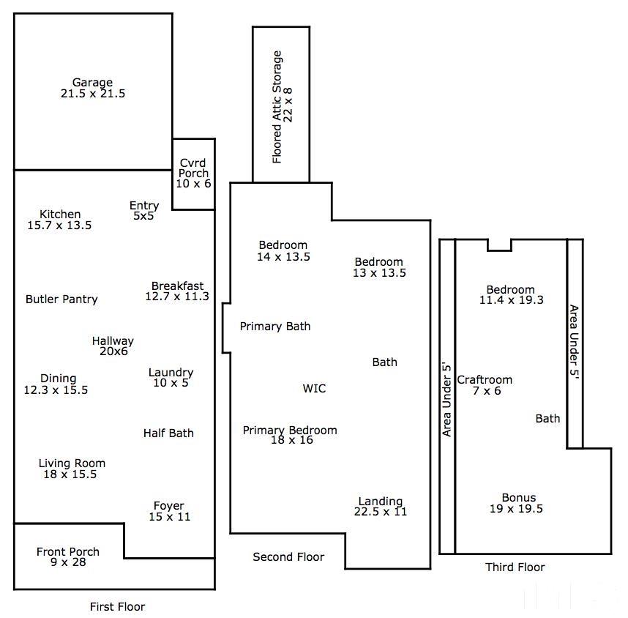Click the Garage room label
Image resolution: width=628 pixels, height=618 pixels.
pyautogui.click(x=92, y=83)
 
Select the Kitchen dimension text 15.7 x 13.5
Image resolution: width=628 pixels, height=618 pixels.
pyautogui.click(x=59, y=226)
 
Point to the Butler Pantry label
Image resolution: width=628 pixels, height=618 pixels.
pyautogui.click(x=61, y=299)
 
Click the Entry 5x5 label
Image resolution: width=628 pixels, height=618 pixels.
pyautogui.click(x=143, y=211)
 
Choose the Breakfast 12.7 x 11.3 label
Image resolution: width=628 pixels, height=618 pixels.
pyautogui.click(x=177, y=291)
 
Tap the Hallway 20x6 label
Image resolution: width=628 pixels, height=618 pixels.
pyautogui.click(x=113, y=346)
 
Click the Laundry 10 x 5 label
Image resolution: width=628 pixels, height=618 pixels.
pyautogui.click(x=171, y=378)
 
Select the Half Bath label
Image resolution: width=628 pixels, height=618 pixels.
pyautogui.click(x=168, y=433)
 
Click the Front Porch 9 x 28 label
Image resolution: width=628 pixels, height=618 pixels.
pyautogui.click(x=68, y=557)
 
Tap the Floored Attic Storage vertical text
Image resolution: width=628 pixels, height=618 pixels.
pyautogui.click(x=282, y=107)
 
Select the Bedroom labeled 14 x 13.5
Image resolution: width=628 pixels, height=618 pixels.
pyautogui.click(x=283, y=250)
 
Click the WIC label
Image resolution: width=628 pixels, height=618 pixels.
pyautogui.click(x=314, y=389)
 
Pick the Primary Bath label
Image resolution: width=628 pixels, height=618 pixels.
pyautogui.click(x=275, y=327)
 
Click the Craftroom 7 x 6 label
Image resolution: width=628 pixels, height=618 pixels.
pyautogui.click(x=485, y=385)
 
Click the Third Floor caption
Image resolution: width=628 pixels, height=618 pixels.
pyautogui.click(x=515, y=567)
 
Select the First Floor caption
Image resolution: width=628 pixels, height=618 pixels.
pyautogui.click(x=117, y=607)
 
